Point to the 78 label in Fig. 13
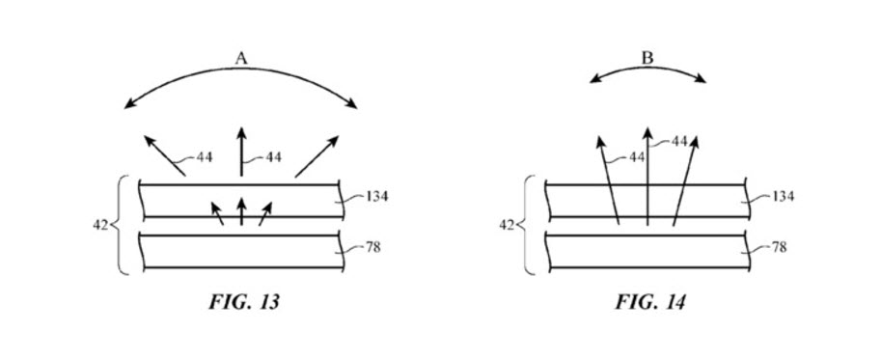(372, 247)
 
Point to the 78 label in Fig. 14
(778, 247)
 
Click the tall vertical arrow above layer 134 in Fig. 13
(240, 152)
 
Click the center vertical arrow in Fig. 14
(647, 179)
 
